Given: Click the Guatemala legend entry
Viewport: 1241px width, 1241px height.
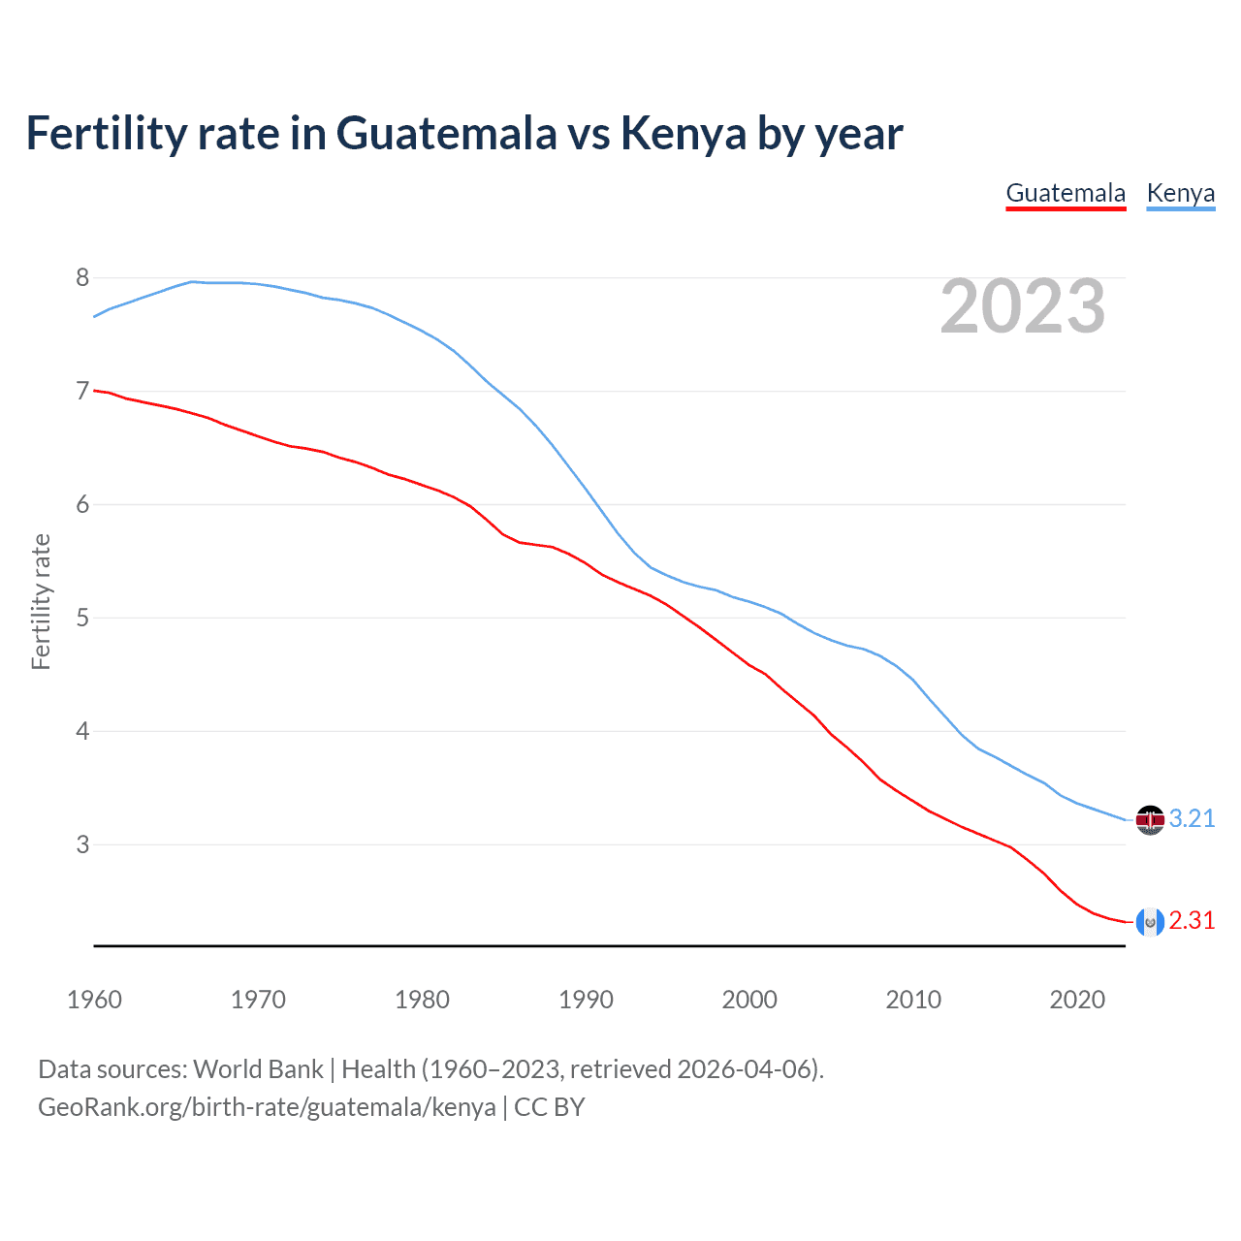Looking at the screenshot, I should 1066,193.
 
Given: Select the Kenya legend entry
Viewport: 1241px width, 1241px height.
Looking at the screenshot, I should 1180,193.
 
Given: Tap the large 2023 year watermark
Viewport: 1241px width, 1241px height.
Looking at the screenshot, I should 1023,306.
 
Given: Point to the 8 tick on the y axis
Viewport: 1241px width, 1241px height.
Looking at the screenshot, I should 82,278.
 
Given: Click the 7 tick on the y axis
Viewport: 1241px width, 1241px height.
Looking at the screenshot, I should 82,392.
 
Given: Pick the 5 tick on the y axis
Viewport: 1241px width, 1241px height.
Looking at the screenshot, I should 82,618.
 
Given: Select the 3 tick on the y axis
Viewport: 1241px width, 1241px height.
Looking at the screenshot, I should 82,844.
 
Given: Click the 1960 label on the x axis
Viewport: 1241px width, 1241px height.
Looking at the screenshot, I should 94,1000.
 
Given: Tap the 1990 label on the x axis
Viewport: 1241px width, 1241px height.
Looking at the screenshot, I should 586,1000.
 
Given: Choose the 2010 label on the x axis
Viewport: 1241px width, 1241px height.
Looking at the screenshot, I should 913,1000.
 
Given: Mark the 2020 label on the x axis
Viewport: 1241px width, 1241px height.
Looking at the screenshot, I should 1077,1000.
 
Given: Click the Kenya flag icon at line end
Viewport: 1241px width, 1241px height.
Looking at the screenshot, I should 1150,820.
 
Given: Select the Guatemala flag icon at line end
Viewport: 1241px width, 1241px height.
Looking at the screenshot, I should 1150,922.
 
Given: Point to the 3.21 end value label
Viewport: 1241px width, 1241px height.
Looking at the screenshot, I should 1192,819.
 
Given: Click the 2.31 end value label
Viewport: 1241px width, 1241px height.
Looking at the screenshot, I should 1192,921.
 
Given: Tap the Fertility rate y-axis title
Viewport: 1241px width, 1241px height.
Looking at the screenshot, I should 41,601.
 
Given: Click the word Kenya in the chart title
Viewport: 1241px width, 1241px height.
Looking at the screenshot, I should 684,134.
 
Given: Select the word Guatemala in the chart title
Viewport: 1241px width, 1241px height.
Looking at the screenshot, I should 447,134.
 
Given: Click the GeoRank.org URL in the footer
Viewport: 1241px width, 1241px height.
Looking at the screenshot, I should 267,1107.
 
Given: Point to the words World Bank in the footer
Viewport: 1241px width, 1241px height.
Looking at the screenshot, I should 258,1069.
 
